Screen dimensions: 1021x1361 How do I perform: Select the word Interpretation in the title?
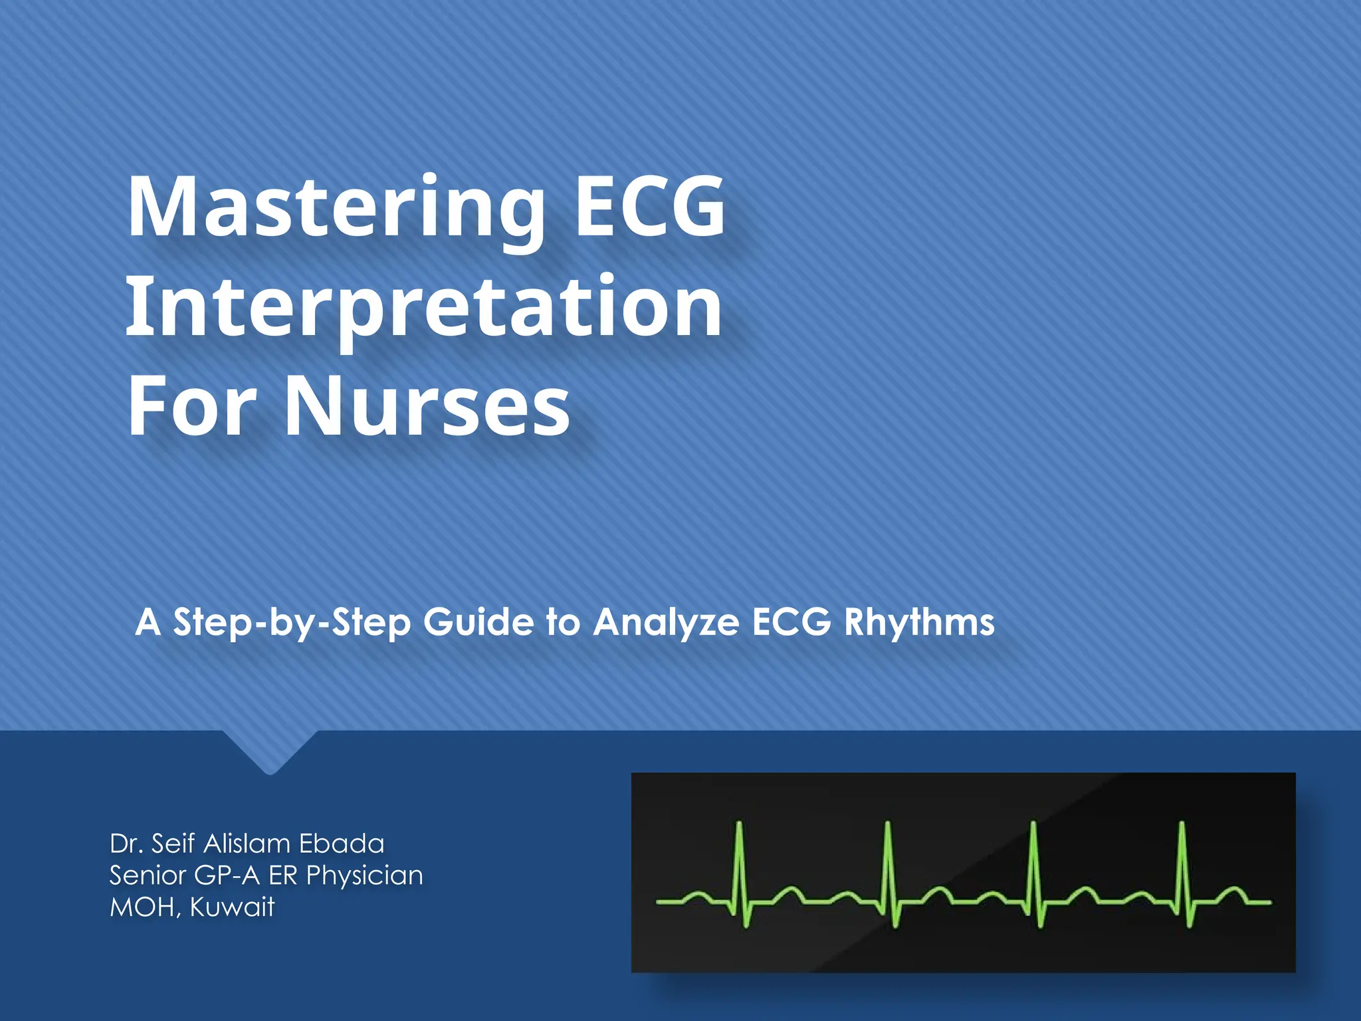(423, 307)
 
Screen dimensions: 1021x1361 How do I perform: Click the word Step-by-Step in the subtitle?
(291, 623)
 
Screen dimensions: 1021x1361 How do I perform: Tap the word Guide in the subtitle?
(478, 623)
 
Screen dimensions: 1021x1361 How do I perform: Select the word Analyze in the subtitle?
(665, 623)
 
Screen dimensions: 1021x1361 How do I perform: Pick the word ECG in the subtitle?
(791, 623)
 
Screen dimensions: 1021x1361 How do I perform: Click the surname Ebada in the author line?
(342, 844)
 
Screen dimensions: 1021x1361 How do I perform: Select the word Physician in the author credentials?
(364, 875)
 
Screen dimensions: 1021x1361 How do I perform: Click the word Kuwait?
(232, 907)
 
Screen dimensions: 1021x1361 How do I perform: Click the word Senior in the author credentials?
(148, 875)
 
